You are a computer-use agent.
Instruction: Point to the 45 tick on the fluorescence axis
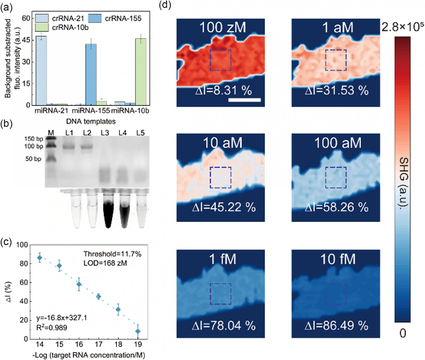(26, 40)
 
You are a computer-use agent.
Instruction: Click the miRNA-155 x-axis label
(91, 111)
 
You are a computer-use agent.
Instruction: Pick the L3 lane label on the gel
(105, 133)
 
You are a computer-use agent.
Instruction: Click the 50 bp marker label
(33, 159)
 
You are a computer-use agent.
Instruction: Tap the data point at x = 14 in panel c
(40, 258)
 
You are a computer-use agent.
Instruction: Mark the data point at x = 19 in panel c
(138, 331)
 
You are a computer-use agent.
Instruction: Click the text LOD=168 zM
(105, 263)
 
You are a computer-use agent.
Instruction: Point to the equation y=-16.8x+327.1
(62, 318)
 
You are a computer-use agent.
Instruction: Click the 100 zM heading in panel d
(223, 27)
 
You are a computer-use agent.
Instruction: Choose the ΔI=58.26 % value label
(337, 207)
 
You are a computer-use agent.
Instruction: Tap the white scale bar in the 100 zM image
(244, 100)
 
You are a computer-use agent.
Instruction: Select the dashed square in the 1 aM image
(336, 60)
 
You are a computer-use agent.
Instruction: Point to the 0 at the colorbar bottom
(403, 333)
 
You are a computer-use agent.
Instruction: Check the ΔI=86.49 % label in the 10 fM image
(337, 326)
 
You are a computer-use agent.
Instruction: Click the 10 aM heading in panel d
(223, 143)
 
